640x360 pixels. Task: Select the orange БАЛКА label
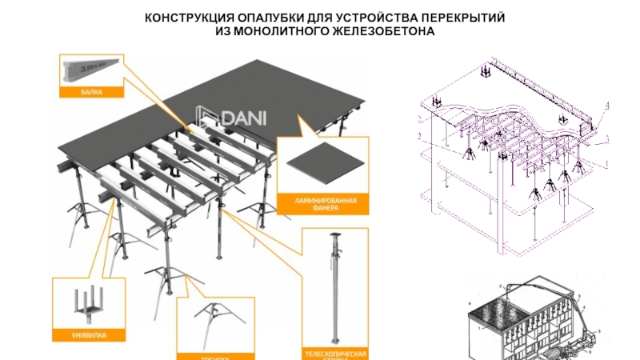tap(91, 93)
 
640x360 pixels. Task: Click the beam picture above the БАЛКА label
tap(91, 70)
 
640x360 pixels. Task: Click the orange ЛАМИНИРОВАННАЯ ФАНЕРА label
tap(322, 203)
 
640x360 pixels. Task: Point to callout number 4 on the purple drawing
tap(607, 105)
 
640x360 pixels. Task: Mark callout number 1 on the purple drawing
tap(606, 163)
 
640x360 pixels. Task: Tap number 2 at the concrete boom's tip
tap(502, 286)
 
